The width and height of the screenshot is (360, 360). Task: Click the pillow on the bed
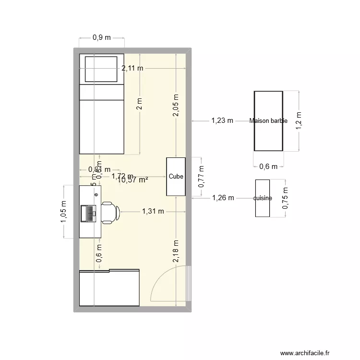[101, 69]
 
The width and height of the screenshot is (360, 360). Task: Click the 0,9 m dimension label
[102, 37]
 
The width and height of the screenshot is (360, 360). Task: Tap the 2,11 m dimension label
[132, 68]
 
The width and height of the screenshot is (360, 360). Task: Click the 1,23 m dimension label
[222, 121]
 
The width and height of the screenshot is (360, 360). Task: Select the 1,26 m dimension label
[223, 197]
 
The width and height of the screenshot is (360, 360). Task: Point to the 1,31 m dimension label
[153, 211]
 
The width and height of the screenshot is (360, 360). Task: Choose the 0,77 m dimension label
[202, 177]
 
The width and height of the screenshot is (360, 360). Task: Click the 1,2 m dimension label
[298, 121]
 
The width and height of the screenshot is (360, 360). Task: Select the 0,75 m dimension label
[286, 198]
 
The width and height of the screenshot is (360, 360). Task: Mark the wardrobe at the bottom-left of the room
[109, 288]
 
